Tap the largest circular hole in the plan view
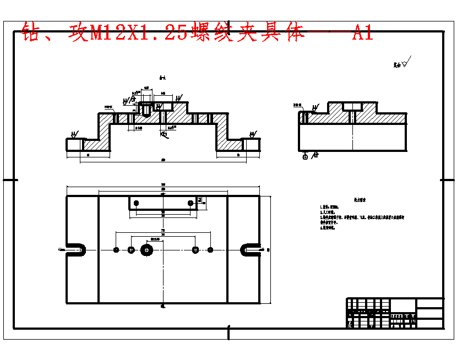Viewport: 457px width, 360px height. (x=147, y=250)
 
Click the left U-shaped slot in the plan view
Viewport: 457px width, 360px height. (x=76, y=250)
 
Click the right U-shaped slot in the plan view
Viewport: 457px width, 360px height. (x=250, y=250)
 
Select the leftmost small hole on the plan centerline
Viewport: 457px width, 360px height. (x=116, y=250)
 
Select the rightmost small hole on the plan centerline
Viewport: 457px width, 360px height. (x=210, y=250)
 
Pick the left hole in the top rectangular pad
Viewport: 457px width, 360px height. (x=136, y=203)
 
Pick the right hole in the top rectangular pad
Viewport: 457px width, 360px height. (x=191, y=203)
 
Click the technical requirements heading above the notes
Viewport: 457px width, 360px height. (x=360, y=201)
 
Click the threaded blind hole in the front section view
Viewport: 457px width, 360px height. (x=146, y=109)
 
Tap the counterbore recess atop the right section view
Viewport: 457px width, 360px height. (x=352, y=106)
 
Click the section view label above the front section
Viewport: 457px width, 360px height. (x=162, y=78)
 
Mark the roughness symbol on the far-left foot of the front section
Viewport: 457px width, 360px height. (x=74, y=134)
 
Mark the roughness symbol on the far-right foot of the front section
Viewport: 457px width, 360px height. (x=252, y=134)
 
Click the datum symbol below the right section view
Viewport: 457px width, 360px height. (x=306, y=156)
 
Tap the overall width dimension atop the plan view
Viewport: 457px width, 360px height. (x=163, y=185)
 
